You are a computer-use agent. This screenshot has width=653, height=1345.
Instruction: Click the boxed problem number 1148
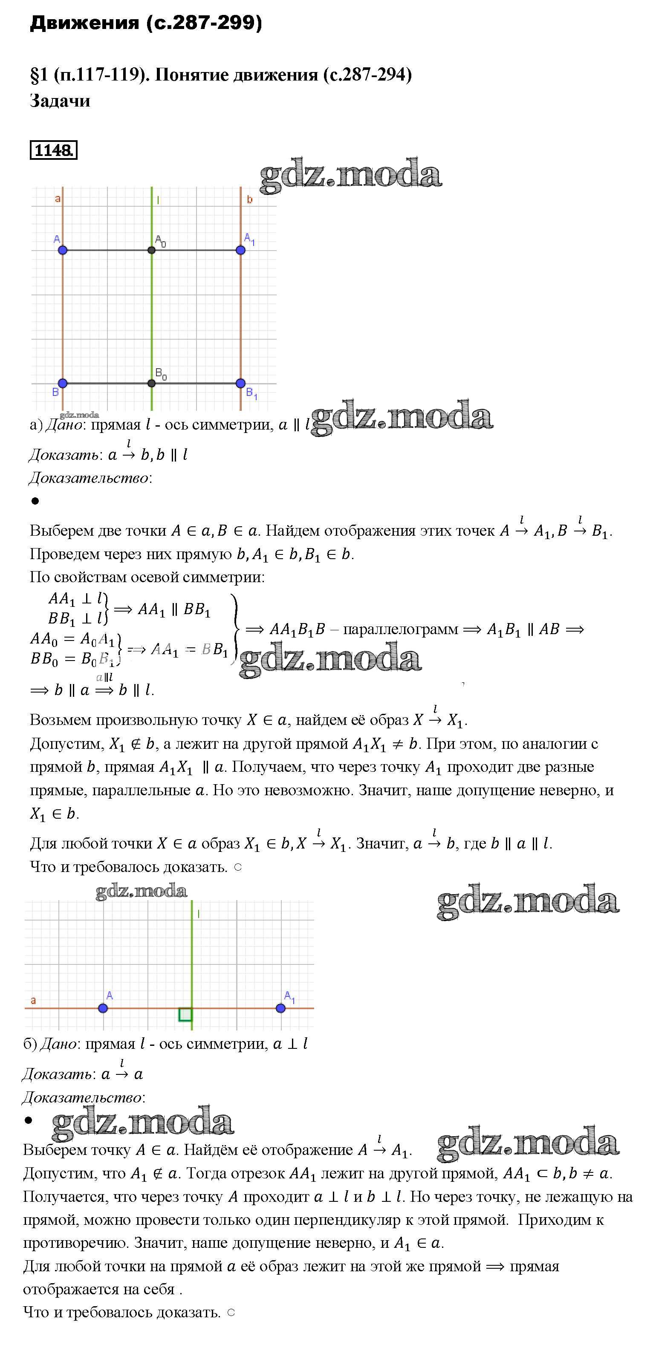[54, 150]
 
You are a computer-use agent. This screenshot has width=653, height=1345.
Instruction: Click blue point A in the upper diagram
[63, 250]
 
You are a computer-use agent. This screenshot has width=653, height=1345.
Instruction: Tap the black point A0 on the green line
[151, 250]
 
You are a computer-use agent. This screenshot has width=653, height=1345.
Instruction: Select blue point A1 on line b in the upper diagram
[240, 250]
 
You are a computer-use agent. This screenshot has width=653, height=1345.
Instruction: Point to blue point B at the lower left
[63, 383]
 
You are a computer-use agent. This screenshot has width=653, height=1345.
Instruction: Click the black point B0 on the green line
[151, 383]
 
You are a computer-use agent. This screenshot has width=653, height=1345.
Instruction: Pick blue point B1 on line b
[240, 383]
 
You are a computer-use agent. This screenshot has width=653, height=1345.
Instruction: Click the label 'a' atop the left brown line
[58, 199]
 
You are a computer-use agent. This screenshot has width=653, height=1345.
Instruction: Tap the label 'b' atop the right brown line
[250, 199]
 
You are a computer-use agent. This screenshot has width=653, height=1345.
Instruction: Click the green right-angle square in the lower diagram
[185, 1014]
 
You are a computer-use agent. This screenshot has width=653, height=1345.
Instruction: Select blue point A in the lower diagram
[103, 1008]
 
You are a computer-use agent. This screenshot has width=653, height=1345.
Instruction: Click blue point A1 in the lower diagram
[280, 1008]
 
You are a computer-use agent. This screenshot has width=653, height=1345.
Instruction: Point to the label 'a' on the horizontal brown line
[33, 1000]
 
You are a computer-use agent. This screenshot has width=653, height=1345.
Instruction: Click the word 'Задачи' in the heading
[60, 100]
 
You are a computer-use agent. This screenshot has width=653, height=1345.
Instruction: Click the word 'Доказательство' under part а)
[89, 478]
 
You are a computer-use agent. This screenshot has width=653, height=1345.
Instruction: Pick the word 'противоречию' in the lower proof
[75, 1243]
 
